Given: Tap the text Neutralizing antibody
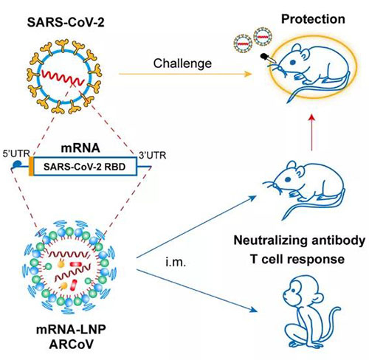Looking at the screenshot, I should point(295,240).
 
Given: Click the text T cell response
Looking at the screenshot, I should point(295,259).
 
